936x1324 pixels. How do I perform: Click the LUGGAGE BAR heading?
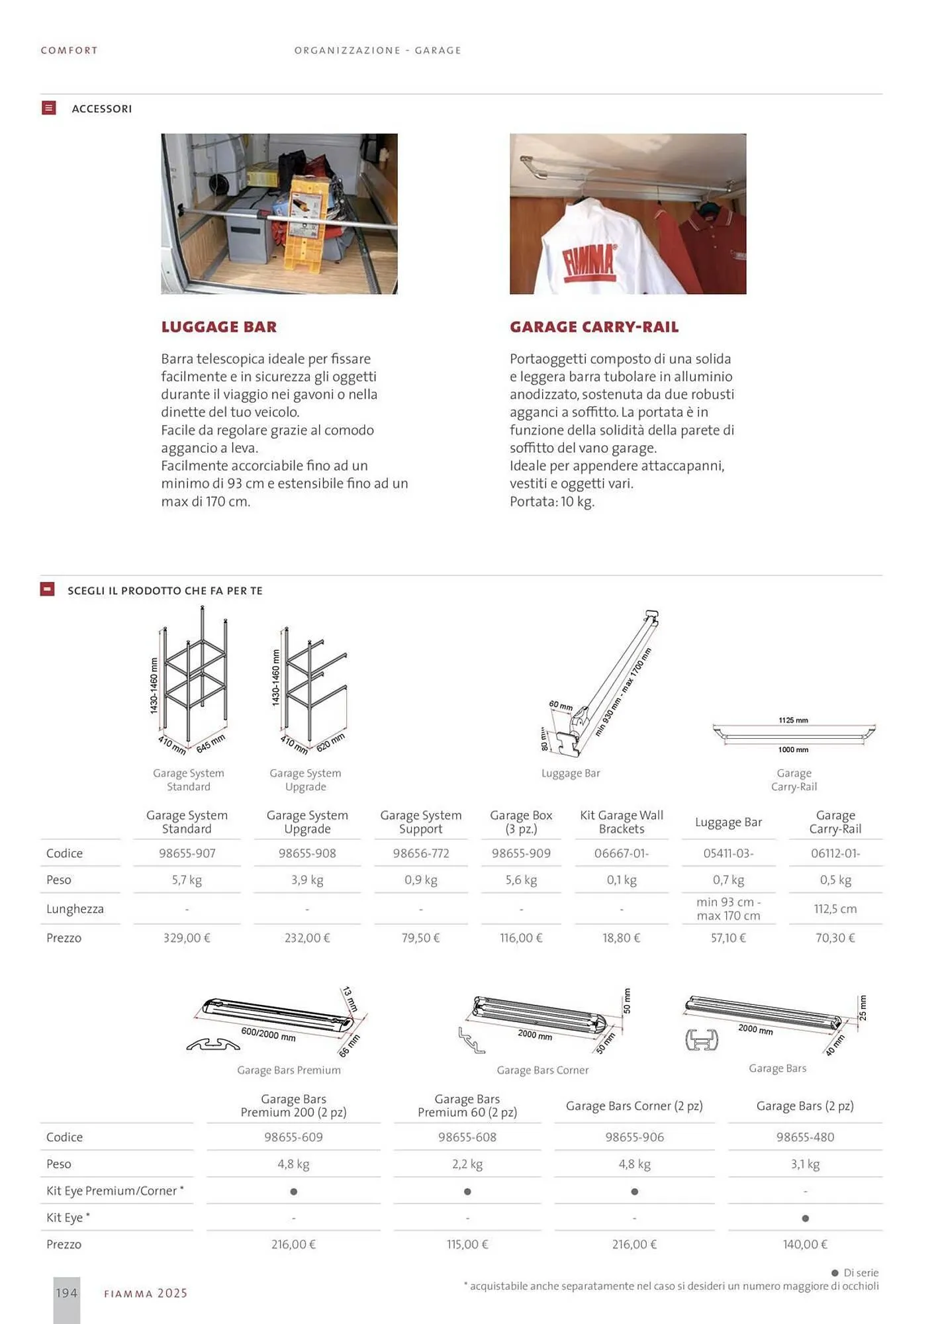(x=218, y=327)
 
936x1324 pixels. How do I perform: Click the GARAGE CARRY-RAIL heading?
(x=594, y=327)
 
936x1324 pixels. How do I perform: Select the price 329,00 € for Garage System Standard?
(x=187, y=938)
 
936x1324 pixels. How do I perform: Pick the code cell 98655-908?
(x=307, y=853)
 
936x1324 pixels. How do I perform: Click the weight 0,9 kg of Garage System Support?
(x=421, y=880)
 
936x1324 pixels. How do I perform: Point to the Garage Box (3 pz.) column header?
(x=521, y=822)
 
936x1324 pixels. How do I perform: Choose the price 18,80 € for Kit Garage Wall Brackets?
(x=621, y=938)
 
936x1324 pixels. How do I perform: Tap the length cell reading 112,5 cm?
(x=835, y=909)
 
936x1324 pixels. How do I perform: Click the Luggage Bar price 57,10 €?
(x=728, y=938)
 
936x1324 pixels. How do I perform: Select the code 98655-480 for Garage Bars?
(x=805, y=1137)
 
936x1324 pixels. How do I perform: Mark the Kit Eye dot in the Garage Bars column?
(x=805, y=1218)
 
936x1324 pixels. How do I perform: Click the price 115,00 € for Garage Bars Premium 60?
(x=467, y=1245)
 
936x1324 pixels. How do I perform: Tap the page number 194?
(x=66, y=1293)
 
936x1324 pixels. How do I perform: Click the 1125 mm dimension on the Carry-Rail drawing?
(x=793, y=720)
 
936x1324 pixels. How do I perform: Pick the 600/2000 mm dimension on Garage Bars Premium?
(x=268, y=1034)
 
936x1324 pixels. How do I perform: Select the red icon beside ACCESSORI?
(x=48, y=108)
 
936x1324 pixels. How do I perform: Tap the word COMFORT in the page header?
(x=69, y=50)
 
